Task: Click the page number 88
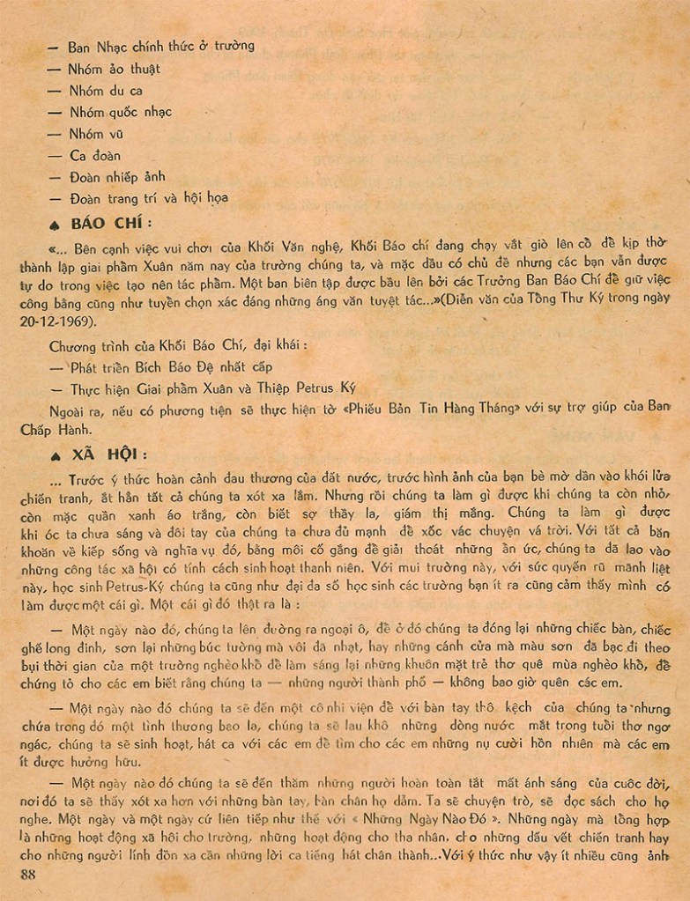coord(27,874)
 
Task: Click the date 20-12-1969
coord(56,321)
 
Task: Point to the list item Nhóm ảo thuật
coord(115,69)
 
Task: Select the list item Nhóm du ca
coord(106,91)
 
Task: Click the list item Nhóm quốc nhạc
coord(121,112)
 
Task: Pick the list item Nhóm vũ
coord(96,134)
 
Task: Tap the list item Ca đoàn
coord(95,156)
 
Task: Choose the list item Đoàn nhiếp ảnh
coord(117,177)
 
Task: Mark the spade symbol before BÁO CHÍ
coord(57,224)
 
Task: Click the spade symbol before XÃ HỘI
coord(56,455)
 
